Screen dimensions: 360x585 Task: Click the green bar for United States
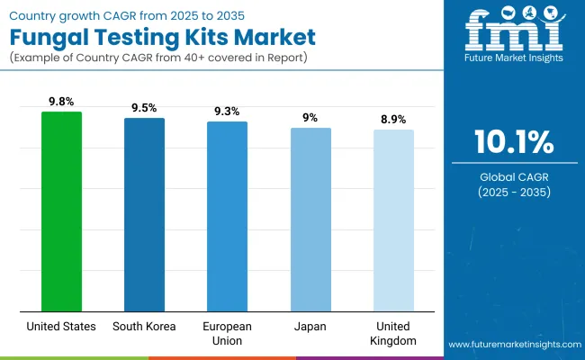(x=61, y=211)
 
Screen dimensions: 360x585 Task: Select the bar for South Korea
(x=144, y=214)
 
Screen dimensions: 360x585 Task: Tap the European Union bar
(x=227, y=216)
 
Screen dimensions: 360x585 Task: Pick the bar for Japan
(x=310, y=219)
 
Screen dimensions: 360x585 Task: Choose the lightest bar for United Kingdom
(x=393, y=220)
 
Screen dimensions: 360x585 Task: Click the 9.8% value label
(x=61, y=102)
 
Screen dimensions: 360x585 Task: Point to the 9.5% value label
(x=144, y=107)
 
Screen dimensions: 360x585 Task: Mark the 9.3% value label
(x=227, y=111)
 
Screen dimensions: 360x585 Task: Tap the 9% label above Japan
(x=310, y=117)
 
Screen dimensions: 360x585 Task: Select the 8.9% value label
(x=393, y=119)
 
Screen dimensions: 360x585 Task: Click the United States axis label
(x=61, y=327)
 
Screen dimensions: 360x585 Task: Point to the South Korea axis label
(x=144, y=327)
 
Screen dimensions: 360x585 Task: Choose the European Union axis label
(x=227, y=333)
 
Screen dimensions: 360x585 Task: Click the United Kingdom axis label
(x=393, y=333)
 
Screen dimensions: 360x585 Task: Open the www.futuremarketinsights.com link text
(x=513, y=345)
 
